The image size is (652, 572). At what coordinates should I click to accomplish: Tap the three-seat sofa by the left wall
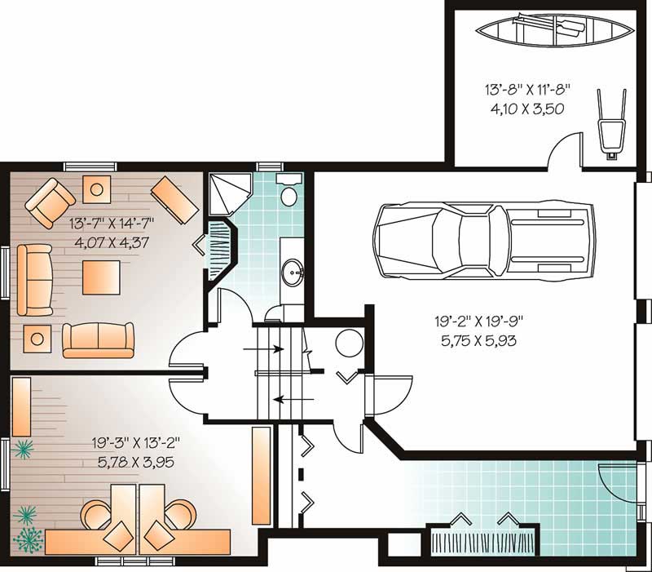pos(32,279)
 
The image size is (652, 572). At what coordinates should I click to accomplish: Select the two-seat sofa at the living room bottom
pos(99,339)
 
